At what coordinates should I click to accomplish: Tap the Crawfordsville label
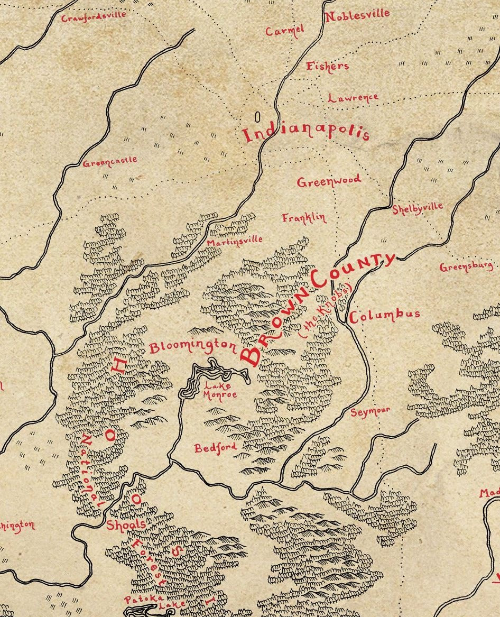pyautogui.click(x=94, y=16)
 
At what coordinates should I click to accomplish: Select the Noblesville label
pyautogui.click(x=357, y=15)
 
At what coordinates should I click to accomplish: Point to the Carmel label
pyautogui.click(x=285, y=31)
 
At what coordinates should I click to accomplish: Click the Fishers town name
pyautogui.click(x=328, y=66)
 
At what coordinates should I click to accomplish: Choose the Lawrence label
pyautogui.click(x=353, y=98)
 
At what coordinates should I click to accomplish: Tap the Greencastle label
pyautogui.click(x=110, y=161)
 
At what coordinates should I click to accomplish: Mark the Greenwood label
pyautogui.click(x=329, y=181)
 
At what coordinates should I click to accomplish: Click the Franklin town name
pyautogui.click(x=304, y=217)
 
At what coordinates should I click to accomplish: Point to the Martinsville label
pyautogui.click(x=235, y=241)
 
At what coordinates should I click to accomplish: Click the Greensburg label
pyautogui.click(x=467, y=267)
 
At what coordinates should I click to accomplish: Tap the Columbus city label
pyautogui.click(x=385, y=315)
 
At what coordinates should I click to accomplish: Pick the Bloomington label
pyautogui.click(x=193, y=347)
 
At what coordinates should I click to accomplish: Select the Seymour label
pyautogui.click(x=371, y=411)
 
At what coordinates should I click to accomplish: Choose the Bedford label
pyautogui.click(x=215, y=448)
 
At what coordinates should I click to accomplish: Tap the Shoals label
pyautogui.click(x=126, y=524)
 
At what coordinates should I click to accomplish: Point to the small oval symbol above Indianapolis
pyautogui.click(x=258, y=116)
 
